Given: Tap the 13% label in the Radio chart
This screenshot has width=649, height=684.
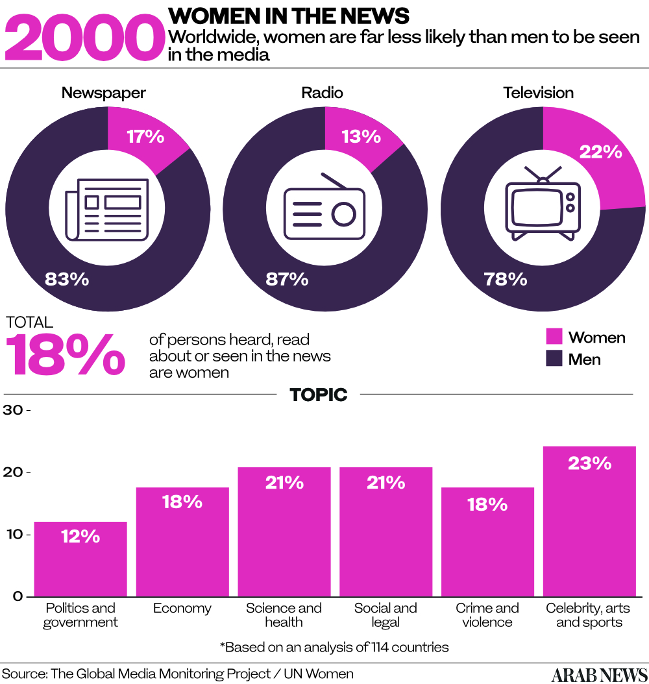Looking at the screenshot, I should point(361,136).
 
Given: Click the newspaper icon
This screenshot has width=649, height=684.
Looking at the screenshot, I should point(107,209).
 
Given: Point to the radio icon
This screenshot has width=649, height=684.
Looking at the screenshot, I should point(324,207).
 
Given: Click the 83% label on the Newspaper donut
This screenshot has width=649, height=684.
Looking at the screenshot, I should point(67,279).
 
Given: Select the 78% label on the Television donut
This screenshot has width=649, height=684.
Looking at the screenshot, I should point(505,279).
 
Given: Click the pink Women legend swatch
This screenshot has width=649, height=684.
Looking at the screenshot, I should point(554,336).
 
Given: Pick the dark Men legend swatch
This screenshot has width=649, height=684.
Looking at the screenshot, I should point(554,358).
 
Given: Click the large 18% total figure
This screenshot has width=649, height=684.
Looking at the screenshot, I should point(66,354).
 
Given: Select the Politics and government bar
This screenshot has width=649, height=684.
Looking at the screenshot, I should point(80,559).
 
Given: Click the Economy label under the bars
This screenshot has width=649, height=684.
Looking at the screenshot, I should point(182,608).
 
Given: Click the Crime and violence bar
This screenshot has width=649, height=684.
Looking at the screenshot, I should point(487,542).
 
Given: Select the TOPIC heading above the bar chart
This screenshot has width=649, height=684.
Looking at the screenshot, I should point(319,394).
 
